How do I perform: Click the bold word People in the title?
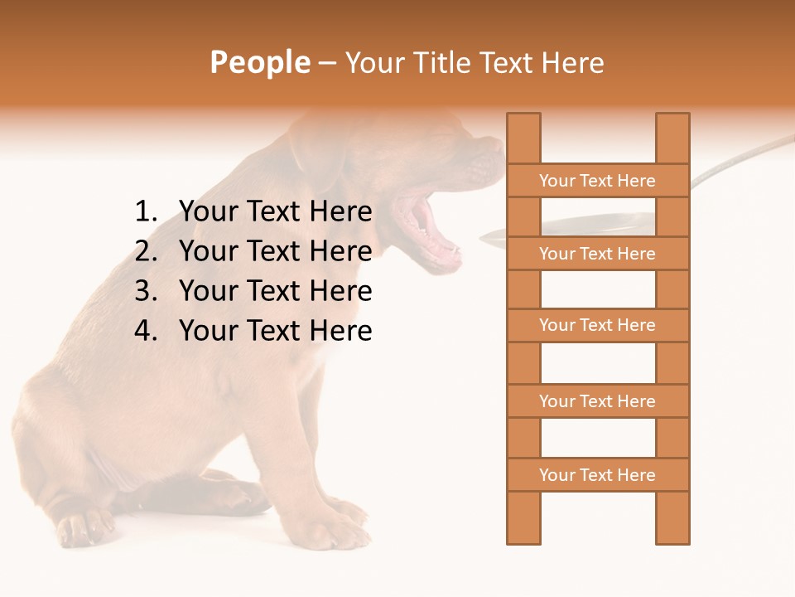[259, 62]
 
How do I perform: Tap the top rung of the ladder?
[597, 181]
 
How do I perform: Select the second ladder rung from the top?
[597, 254]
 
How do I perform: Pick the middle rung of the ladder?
[597, 325]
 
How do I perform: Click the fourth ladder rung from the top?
[597, 401]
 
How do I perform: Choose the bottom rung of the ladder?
[597, 475]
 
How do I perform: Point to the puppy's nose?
[494, 149]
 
